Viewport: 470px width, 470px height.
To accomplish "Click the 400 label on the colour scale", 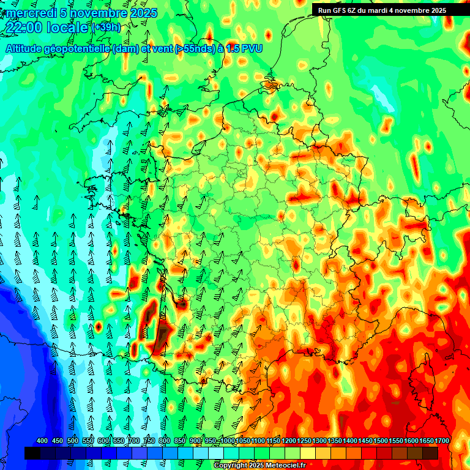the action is (42, 441).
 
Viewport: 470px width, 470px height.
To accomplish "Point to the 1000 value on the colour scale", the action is (228, 441).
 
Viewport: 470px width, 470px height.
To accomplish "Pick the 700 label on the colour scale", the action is (133, 441).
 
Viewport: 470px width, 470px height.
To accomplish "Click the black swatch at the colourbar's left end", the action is (32, 453).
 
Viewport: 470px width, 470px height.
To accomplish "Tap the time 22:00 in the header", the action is (26, 28).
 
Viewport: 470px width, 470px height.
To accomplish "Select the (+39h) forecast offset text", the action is (106, 28).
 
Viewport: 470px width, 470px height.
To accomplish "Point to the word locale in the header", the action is (69, 28).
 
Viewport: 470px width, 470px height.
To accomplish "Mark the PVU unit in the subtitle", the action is (250, 49).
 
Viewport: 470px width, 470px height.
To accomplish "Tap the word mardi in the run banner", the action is (380, 10).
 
